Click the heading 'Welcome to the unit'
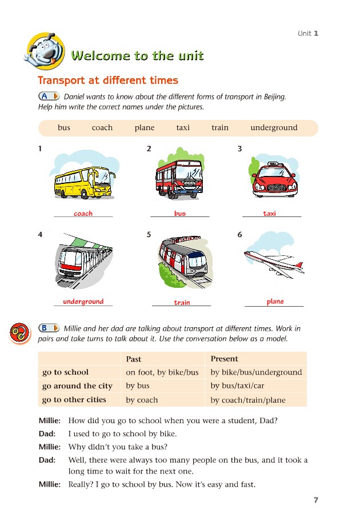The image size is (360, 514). click(x=137, y=55)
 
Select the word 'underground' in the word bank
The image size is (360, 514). click(x=274, y=128)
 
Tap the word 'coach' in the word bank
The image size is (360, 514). click(x=102, y=128)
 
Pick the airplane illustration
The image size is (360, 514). click(x=274, y=260)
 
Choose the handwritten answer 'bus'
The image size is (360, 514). click(x=180, y=214)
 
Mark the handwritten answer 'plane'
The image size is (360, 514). click(x=275, y=302)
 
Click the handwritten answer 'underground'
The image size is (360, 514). click(x=83, y=302)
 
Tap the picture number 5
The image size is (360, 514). click(x=149, y=235)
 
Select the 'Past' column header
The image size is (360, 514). click(x=133, y=359)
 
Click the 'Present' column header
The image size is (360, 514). click(x=225, y=359)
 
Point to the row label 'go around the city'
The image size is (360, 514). click(x=77, y=386)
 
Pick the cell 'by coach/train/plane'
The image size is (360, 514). click(x=248, y=400)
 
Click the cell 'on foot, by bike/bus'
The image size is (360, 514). click(x=162, y=372)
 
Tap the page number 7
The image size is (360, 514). click(x=315, y=500)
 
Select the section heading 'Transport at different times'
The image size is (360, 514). click(x=108, y=81)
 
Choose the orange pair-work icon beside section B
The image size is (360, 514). click(x=19, y=333)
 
